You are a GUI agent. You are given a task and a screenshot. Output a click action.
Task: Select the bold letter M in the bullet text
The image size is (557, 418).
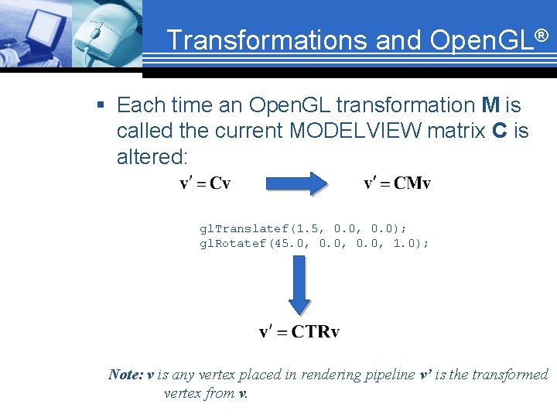pos(490,104)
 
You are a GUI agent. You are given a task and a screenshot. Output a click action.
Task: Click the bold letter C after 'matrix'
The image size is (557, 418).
pos(499,131)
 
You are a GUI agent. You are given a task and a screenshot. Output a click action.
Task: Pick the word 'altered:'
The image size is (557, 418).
pos(152,157)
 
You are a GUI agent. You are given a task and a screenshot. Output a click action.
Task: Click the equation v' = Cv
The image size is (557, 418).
pos(205,183)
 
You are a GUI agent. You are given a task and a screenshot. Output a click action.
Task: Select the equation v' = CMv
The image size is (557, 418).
pos(397,183)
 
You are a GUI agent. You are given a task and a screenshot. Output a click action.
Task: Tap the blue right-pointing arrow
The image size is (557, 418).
pos(297,183)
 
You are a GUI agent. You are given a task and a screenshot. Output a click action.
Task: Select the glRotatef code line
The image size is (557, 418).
pos(314,243)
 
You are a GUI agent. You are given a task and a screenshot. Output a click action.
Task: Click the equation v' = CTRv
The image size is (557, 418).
pos(299,332)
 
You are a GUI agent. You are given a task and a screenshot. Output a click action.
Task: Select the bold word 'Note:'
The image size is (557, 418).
pos(126,375)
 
